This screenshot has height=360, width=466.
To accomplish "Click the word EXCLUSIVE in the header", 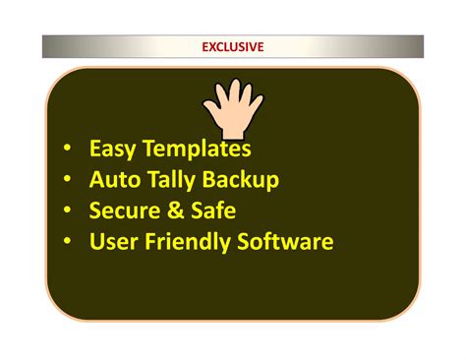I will point(233,46).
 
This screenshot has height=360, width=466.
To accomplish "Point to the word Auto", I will point(114,180).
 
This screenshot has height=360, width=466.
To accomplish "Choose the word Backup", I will point(245,180).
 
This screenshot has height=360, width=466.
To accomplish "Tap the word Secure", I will point(125,210).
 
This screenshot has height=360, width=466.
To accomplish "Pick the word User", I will point(113,241).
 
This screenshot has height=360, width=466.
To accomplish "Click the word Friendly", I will point(188,241).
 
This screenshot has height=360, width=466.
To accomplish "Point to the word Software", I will point(286,241).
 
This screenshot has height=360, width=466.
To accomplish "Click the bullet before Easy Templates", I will point(66,150).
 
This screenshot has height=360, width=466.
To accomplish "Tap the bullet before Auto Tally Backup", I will point(66,180).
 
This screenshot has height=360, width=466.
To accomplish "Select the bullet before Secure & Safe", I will point(66,210).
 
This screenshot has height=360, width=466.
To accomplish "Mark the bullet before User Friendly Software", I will point(66,241).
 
